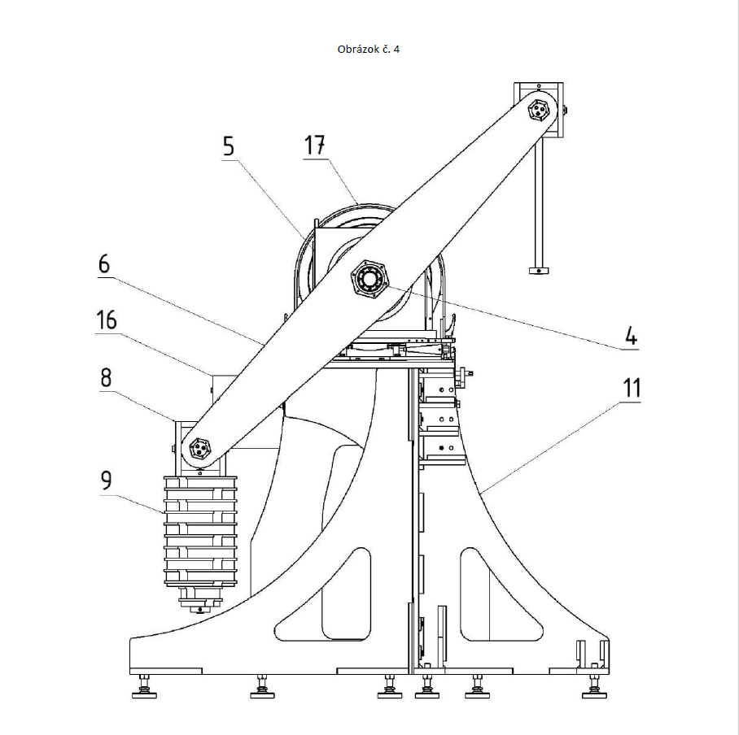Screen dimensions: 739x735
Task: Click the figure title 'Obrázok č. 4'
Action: [x=369, y=50]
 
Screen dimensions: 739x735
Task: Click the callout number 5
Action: [x=229, y=146]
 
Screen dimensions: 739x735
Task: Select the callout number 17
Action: [x=314, y=145]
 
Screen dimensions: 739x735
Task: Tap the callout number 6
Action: [x=104, y=263]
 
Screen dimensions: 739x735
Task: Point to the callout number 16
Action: [x=106, y=320]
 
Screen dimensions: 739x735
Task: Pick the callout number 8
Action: [x=106, y=377]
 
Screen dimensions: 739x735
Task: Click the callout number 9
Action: [x=107, y=481]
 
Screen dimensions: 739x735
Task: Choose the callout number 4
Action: [x=631, y=337]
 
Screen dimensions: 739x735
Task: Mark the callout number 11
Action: [x=632, y=389]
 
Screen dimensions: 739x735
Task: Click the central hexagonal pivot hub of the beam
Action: [x=369, y=279]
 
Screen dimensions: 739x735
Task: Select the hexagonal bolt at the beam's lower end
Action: [x=200, y=447]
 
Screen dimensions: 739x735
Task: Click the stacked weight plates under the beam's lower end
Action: [x=200, y=532]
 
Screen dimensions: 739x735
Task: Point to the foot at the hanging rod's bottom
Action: [x=539, y=271]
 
